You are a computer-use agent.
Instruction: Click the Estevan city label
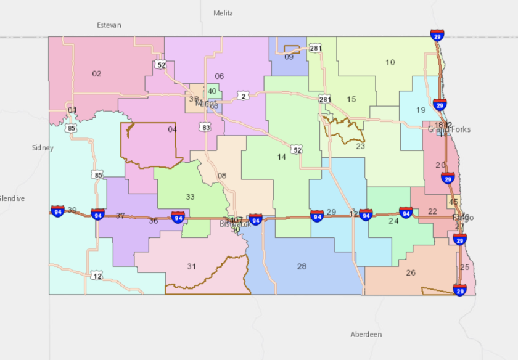[109, 25]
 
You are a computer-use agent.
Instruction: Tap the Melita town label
[223, 13]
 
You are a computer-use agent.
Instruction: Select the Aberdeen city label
[366, 334]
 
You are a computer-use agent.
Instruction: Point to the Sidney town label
[43, 148]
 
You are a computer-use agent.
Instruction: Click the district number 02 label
[97, 74]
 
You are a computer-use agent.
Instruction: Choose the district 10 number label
[390, 62]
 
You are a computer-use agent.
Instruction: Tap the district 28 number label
[302, 266]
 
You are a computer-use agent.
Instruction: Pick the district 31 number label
[192, 266]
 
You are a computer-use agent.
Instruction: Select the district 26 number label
[411, 272]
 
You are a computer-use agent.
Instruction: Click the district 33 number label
[190, 197]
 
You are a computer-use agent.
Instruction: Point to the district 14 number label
[282, 157]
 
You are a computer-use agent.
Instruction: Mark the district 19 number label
[421, 110]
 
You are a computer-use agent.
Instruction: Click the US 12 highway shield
[97, 275]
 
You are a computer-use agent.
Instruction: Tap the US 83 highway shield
[204, 127]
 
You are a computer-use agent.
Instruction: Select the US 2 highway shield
[244, 96]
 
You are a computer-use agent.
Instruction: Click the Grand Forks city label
[450, 129]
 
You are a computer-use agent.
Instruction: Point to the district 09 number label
[289, 57]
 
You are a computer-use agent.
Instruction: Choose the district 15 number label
[351, 99]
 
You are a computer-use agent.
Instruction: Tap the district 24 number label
[393, 220]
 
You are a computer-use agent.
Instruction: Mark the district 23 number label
[360, 146]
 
